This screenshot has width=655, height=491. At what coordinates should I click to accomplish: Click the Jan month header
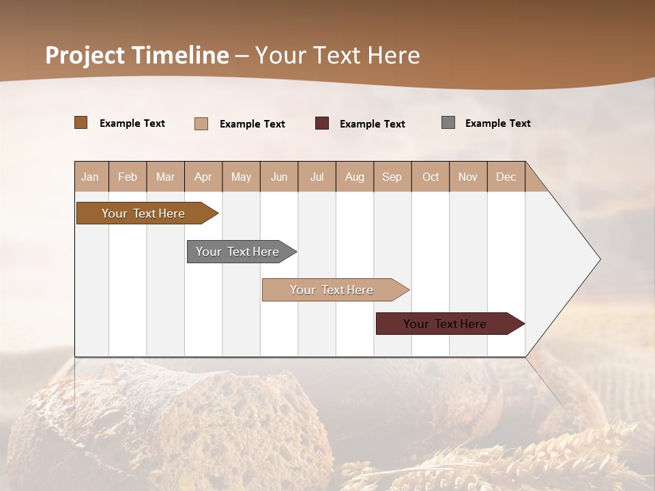[x=90, y=177]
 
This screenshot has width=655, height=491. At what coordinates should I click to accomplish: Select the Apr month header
[x=203, y=177]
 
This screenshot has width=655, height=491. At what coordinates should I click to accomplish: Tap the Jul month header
[x=317, y=177]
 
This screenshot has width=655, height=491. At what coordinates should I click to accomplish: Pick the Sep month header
[x=392, y=177]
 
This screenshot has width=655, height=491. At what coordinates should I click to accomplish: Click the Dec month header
[x=506, y=177]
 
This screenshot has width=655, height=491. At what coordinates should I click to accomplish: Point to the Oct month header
[x=431, y=177]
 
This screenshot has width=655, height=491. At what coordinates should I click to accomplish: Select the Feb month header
[x=128, y=177]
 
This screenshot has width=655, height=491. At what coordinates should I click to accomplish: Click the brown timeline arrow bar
[x=143, y=213]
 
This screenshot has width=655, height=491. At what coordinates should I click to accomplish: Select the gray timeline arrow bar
[x=237, y=252]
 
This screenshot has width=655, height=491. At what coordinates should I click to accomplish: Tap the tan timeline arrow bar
[x=332, y=290]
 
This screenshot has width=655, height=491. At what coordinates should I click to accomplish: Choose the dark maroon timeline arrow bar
[x=445, y=324]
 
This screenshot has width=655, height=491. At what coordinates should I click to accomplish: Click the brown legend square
[x=81, y=123]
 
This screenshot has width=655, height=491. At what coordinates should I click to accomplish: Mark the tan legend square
[x=201, y=123]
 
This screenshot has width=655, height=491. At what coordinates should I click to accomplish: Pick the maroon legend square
[x=322, y=123]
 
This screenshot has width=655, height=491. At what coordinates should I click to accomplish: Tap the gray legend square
[x=448, y=123]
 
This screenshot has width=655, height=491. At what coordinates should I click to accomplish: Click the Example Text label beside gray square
[x=497, y=123]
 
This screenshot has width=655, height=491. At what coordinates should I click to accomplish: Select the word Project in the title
[x=85, y=55]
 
